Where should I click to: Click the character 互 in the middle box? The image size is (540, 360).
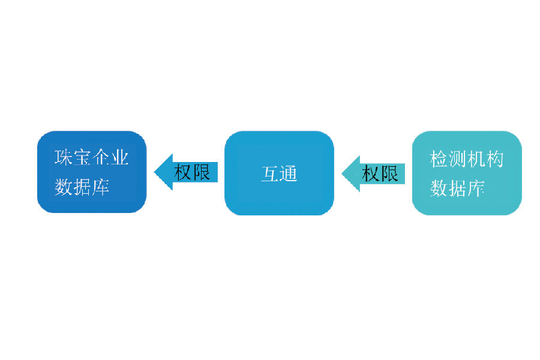point(270,174)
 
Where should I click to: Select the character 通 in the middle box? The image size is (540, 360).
point(289,174)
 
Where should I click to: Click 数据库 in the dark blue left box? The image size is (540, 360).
point(82,187)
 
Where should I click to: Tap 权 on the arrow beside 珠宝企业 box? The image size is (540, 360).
point(183,173)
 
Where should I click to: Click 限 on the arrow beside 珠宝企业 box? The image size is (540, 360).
point(202,173)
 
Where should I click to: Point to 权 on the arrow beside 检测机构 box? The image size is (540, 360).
point(371,174)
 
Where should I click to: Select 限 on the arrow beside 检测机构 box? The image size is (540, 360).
point(389,174)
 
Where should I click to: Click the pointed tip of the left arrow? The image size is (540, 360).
point(155,173)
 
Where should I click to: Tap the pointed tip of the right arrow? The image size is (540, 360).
point(343,174)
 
